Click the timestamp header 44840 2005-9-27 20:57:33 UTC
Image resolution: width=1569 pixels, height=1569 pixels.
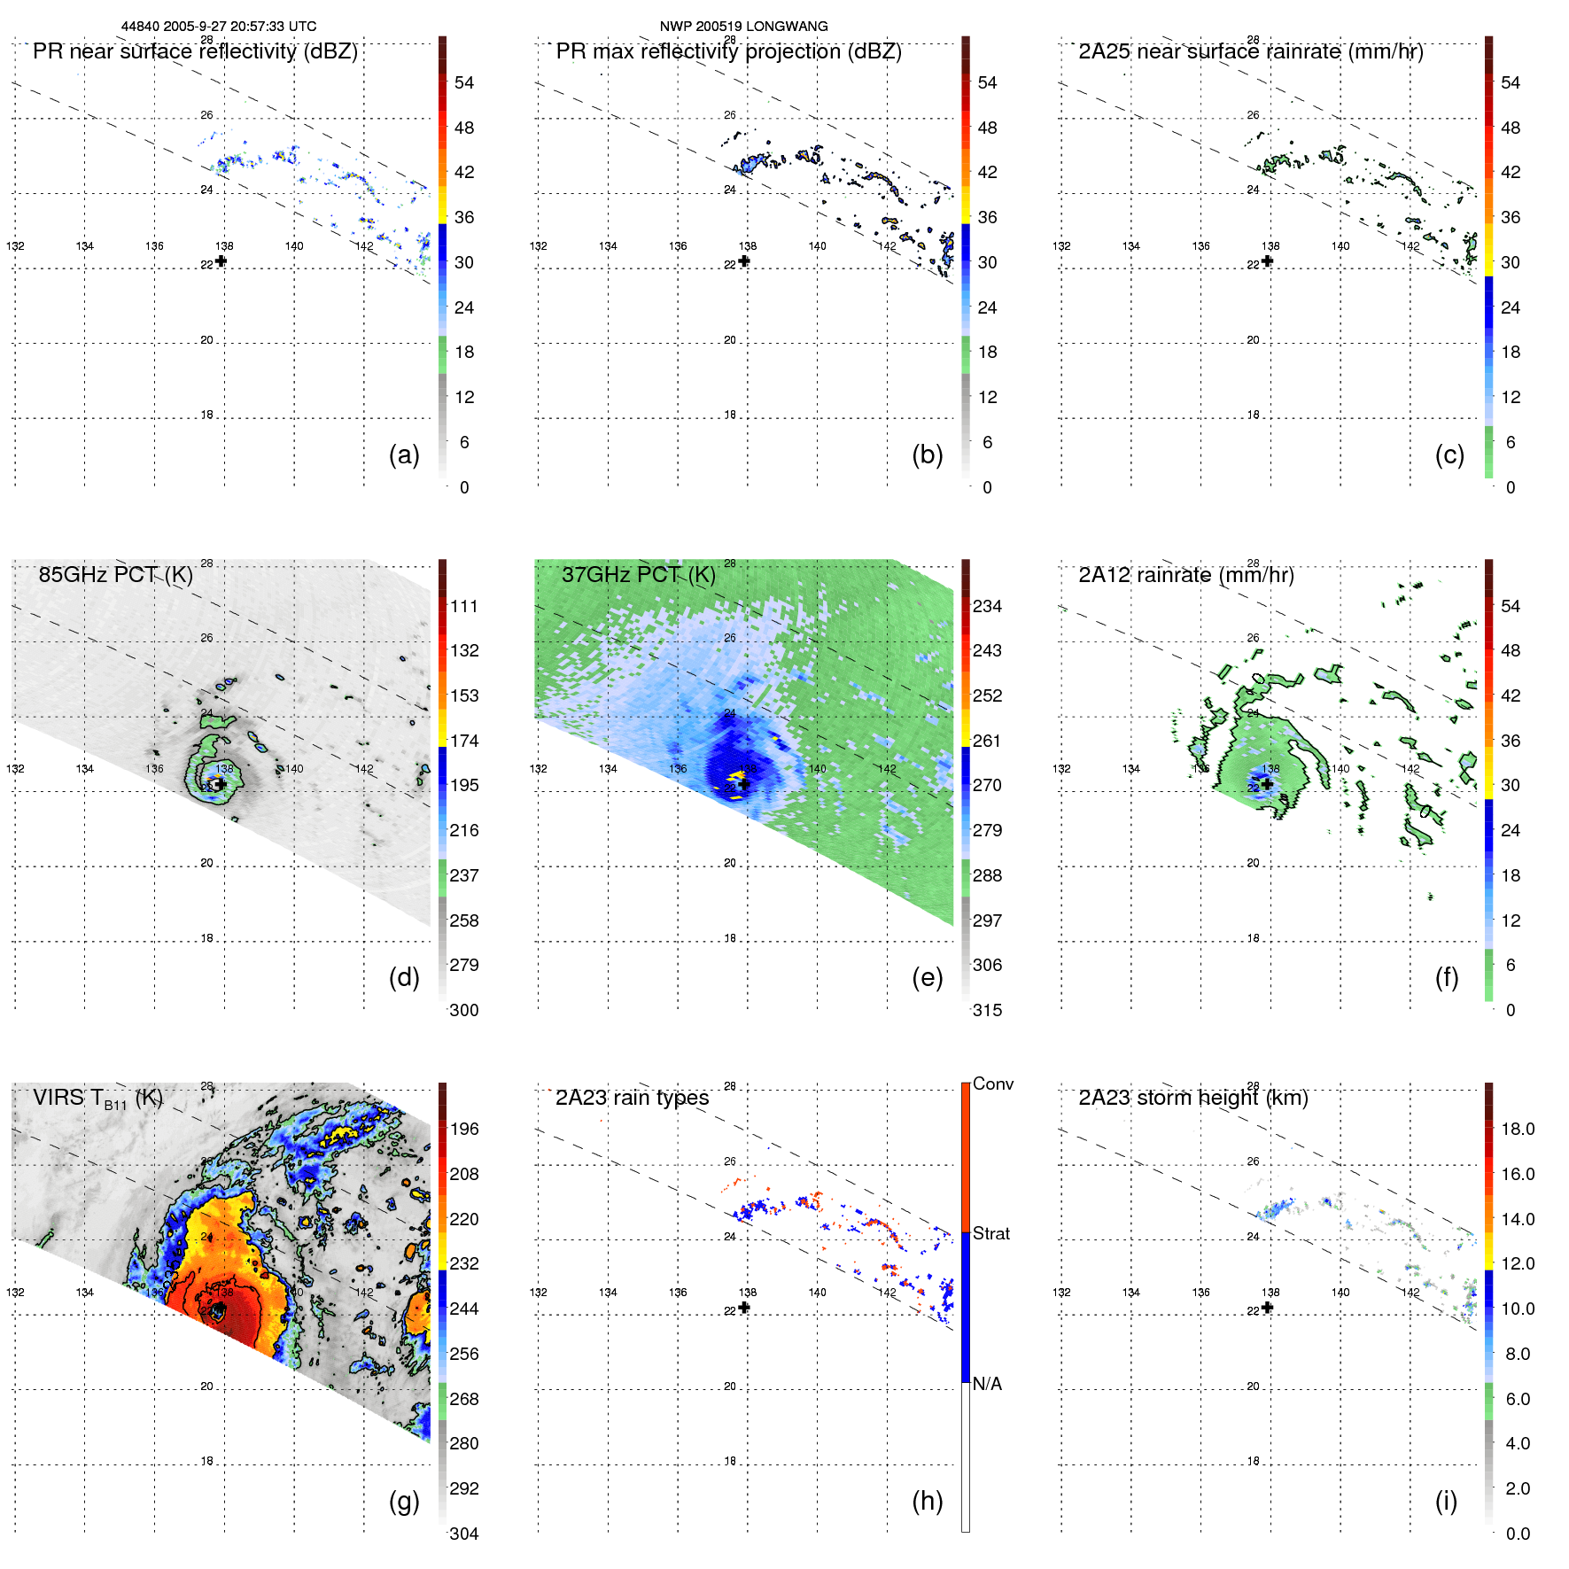click(x=218, y=27)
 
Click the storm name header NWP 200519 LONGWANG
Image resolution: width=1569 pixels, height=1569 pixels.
click(x=743, y=27)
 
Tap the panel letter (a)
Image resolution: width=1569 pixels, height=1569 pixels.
click(x=404, y=454)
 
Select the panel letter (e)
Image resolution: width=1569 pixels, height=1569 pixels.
click(x=927, y=977)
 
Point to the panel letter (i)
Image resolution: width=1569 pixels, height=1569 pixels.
click(x=1446, y=1501)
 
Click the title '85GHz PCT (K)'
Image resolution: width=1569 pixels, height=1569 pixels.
click(x=115, y=575)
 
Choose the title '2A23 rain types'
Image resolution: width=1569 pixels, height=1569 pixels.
click(x=632, y=1098)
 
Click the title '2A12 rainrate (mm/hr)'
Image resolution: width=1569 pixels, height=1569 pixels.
click(x=1185, y=575)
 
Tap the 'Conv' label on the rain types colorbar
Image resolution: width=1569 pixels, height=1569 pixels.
click(x=992, y=1084)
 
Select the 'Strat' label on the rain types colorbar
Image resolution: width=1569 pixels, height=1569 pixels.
click(x=990, y=1233)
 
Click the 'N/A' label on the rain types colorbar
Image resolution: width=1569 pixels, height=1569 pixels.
click(x=987, y=1384)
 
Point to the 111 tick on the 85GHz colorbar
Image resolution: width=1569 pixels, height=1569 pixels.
click(x=464, y=606)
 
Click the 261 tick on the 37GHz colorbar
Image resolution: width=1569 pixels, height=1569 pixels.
click(x=987, y=741)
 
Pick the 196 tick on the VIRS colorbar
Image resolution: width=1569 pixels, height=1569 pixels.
click(x=464, y=1129)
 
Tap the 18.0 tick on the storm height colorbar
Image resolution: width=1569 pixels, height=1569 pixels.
click(x=1517, y=1129)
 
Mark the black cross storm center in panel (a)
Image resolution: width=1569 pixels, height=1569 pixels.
click(x=221, y=260)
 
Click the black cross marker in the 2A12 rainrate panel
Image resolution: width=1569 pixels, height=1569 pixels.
click(x=1267, y=783)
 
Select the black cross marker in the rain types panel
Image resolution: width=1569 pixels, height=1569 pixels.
click(x=744, y=1307)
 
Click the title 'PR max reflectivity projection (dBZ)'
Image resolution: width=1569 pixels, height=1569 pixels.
click(x=728, y=51)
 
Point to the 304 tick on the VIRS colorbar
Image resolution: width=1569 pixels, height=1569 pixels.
click(x=464, y=1534)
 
